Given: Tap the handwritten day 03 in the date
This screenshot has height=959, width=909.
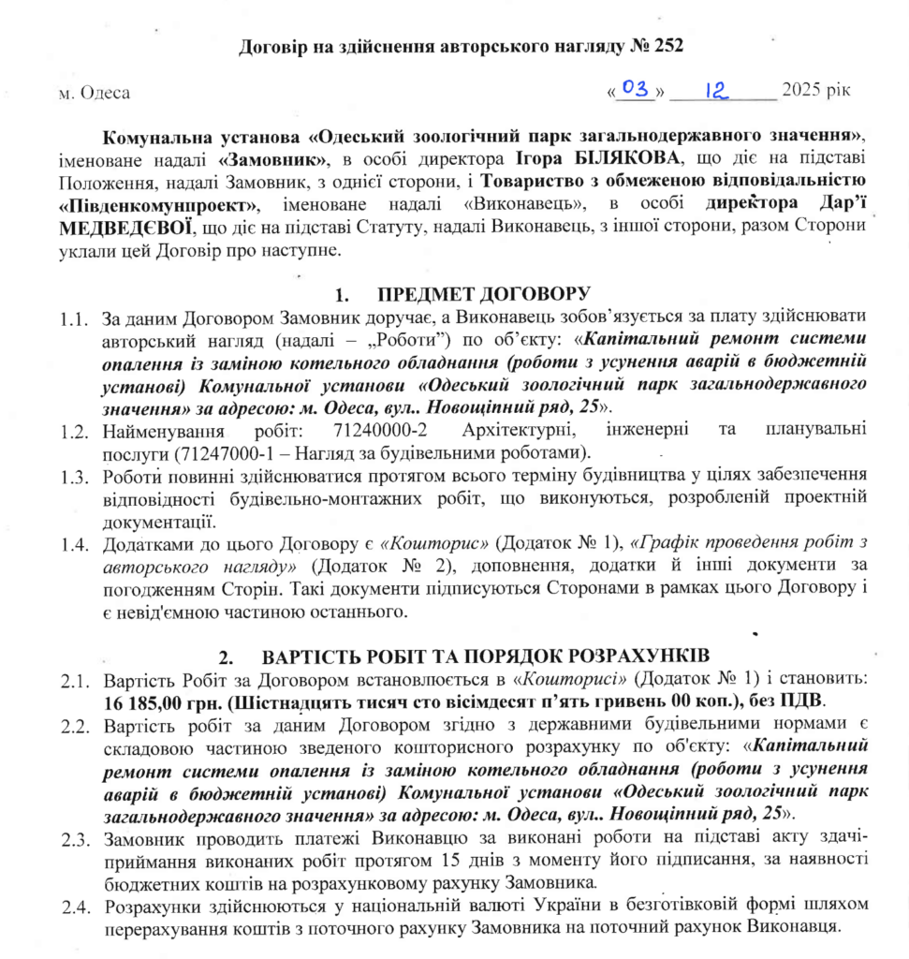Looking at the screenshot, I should point(636,88).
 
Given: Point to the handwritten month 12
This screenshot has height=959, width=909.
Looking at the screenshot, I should point(717,89).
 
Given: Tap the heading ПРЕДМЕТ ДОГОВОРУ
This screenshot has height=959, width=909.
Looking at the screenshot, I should point(484,294).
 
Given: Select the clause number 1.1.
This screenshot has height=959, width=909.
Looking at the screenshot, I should point(74,318).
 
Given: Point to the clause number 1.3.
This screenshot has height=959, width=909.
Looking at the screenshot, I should point(74,477).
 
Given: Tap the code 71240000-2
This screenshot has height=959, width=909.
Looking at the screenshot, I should point(379,432).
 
